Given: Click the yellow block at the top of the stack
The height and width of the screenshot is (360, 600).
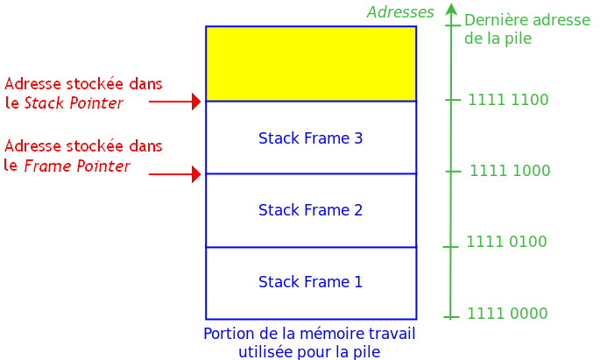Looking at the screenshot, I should point(311,63).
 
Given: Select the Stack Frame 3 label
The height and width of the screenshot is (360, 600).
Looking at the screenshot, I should point(310,138).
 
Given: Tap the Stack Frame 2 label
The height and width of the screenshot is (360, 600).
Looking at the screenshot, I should point(310,210).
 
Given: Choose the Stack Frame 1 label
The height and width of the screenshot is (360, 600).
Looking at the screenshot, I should point(310,282).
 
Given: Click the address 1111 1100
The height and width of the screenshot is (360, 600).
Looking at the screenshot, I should point(508,100).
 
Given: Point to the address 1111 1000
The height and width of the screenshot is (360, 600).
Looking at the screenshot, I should point(510,171).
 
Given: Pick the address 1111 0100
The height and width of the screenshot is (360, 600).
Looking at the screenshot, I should point(506,242).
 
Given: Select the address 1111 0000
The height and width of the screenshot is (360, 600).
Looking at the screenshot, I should point(507,314).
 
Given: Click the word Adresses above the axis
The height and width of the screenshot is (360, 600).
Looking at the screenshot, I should point(400,12).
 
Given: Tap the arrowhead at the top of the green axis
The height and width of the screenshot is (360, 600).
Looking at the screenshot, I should point(451,9).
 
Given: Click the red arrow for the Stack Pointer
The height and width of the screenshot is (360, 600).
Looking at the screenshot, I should point(175,102).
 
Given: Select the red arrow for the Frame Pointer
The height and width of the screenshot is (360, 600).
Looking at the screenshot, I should point(175,174).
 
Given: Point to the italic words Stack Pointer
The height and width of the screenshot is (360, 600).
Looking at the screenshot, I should point(74,103).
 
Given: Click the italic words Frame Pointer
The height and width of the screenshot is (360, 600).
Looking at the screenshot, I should point(77,166).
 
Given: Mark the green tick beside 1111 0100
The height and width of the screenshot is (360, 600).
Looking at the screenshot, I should point(451,247).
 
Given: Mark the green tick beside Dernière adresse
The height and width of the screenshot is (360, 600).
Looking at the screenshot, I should point(452,25).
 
